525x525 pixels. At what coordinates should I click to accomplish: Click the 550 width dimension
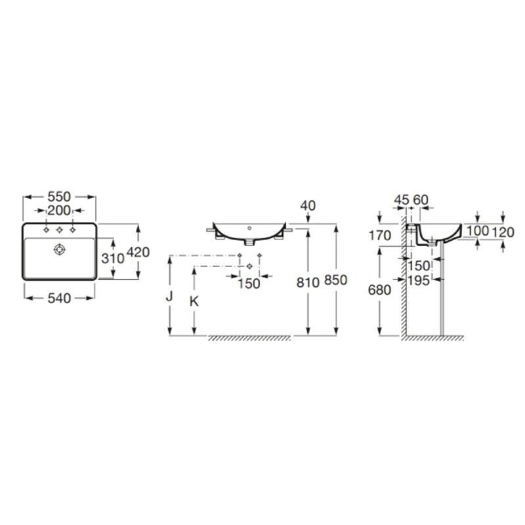(x=59, y=196)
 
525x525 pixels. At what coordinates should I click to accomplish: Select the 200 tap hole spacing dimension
(x=59, y=211)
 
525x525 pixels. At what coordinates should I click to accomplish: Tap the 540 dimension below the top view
(x=59, y=298)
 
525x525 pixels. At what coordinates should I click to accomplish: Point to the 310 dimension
(x=113, y=258)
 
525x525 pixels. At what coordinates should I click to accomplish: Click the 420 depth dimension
(x=138, y=252)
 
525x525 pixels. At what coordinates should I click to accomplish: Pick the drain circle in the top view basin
(x=60, y=249)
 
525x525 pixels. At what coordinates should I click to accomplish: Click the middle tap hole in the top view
(x=60, y=230)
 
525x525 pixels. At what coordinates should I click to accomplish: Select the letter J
(x=169, y=296)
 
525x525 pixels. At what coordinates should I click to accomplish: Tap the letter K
(x=194, y=301)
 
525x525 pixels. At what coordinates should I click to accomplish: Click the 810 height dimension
(x=308, y=283)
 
